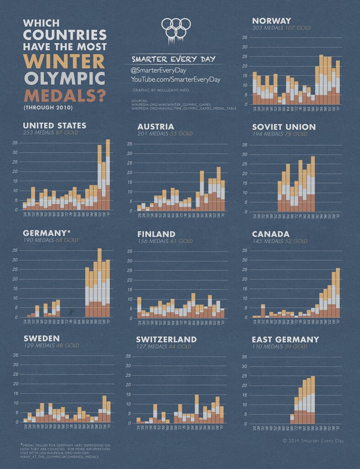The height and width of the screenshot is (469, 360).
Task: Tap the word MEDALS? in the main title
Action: tap(65, 95)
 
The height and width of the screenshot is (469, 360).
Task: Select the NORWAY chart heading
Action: tap(272, 21)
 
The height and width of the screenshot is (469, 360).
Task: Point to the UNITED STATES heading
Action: tap(55, 125)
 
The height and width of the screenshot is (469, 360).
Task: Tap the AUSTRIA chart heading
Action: tap(156, 126)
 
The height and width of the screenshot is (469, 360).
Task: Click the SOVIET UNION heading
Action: tap(284, 126)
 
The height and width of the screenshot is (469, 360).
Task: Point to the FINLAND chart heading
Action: tap(156, 234)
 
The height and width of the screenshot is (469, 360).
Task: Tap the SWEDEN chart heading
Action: tap(42, 339)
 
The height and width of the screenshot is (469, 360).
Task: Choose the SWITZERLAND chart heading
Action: tap(166, 339)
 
